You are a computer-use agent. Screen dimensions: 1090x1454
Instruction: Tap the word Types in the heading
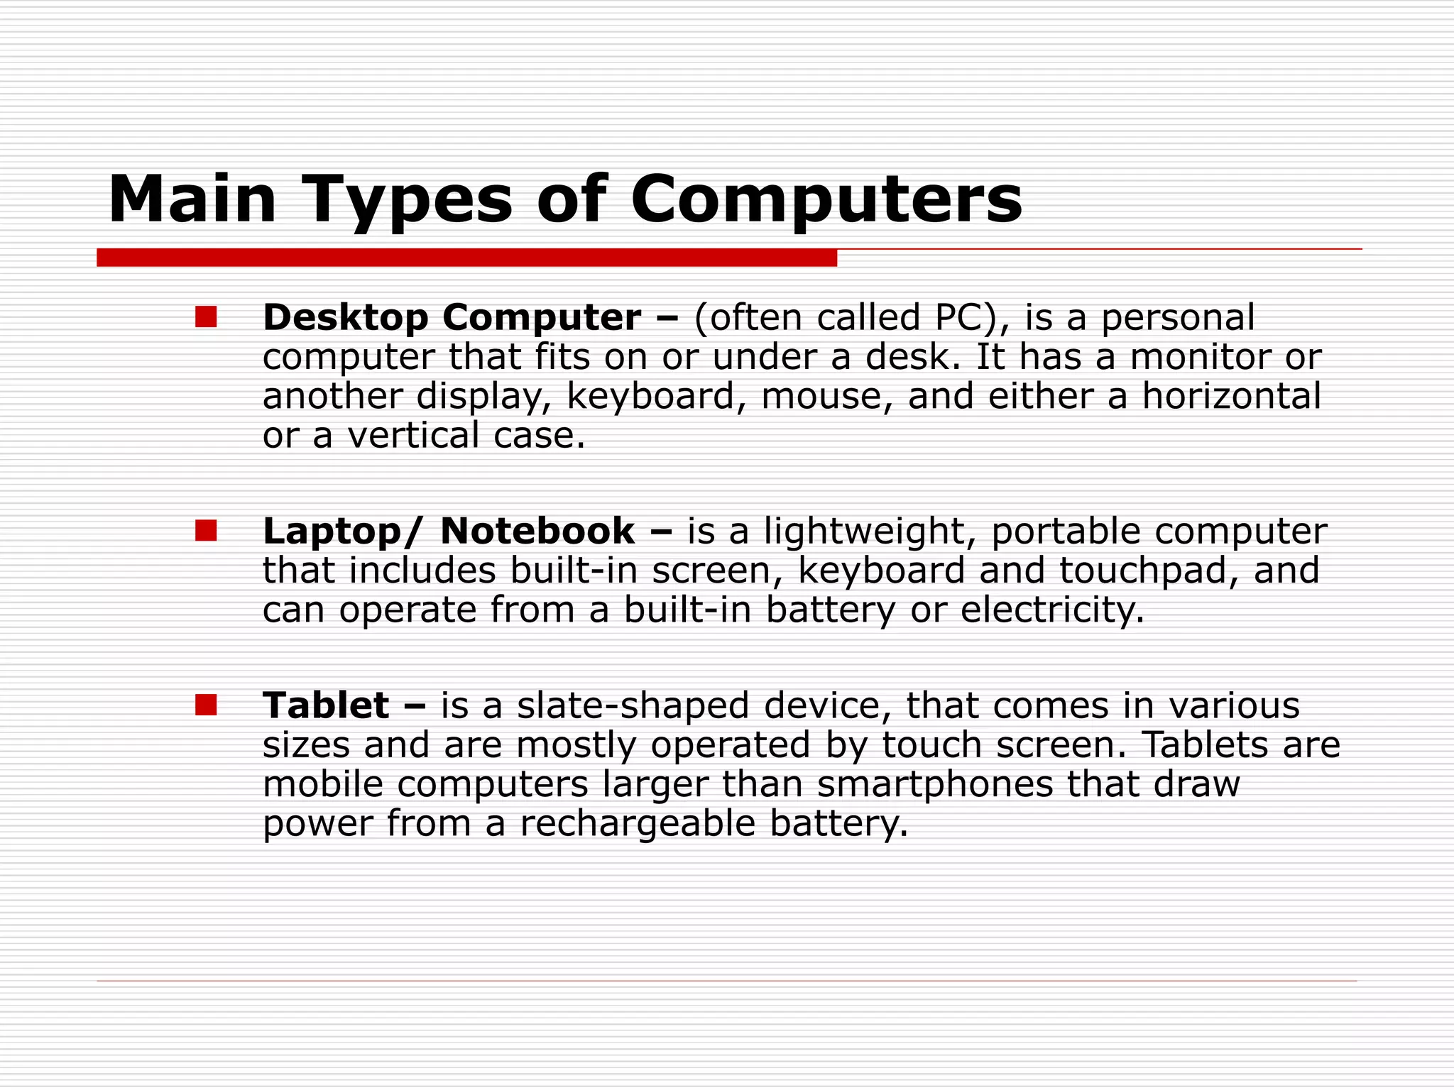point(408,201)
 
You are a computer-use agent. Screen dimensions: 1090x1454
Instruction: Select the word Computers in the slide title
point(826,201)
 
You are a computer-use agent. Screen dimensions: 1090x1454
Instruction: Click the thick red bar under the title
point(466,258)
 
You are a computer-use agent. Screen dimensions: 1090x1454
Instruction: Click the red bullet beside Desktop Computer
point(206,316)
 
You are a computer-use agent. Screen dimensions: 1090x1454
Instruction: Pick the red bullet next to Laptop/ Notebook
point(206,530)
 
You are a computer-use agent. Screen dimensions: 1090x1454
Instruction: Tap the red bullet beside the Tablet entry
point(206,705)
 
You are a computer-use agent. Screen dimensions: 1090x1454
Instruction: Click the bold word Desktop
point(345,317)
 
